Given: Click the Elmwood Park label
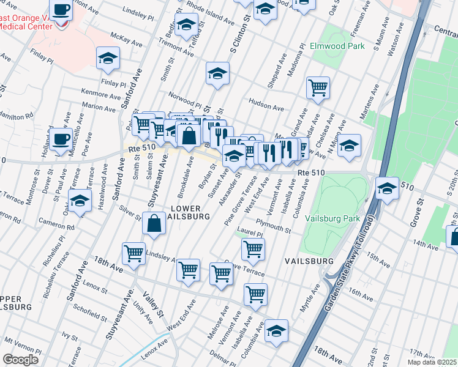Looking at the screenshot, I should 337,46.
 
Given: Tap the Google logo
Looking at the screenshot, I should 20,358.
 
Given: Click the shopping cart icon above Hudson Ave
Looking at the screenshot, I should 318,87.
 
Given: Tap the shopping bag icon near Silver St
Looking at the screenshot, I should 154,223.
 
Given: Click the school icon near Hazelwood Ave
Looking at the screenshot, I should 80,200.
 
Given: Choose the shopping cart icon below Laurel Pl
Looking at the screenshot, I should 253,248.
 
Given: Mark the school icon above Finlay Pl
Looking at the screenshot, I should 108,58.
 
